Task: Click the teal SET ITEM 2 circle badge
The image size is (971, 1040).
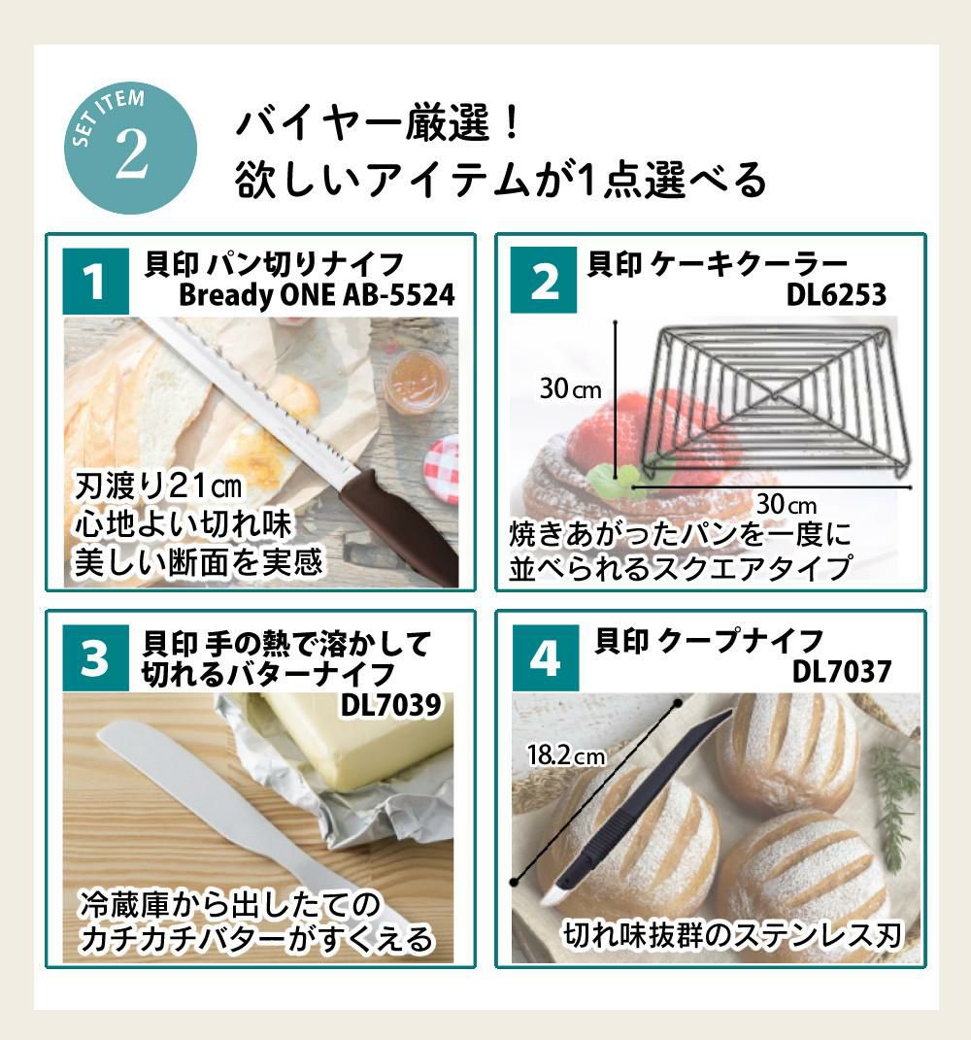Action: point(130,148)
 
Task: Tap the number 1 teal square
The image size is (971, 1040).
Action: point(95,282)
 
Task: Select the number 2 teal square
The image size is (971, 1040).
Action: point(546,282)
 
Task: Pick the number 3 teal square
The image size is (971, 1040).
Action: point(95,658)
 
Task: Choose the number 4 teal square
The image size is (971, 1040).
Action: point(546,658)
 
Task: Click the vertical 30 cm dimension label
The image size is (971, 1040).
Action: point(571,390)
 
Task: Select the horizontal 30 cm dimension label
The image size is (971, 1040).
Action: point(787,505)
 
